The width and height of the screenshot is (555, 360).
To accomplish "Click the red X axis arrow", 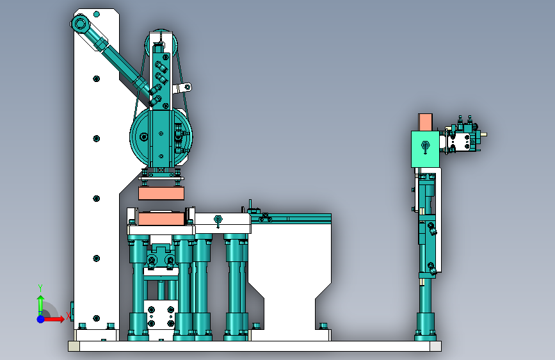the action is (53, 319).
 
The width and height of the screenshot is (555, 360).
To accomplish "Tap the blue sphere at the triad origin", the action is (40, 319).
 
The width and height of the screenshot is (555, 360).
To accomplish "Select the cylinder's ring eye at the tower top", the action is (79, 24).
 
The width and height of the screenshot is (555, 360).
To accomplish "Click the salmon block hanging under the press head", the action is (161, 193).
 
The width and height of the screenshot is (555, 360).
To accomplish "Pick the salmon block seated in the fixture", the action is (161, 218).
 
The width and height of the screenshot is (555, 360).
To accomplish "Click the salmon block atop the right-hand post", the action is (425, 122).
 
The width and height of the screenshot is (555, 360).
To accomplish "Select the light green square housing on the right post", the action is (425, 149).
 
